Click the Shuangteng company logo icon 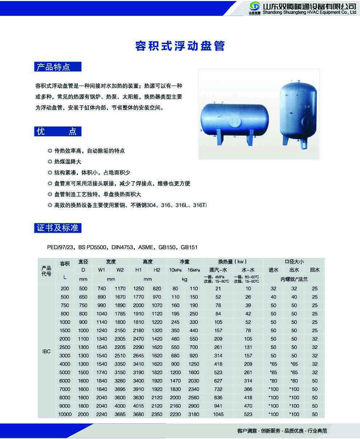tap(255, 7)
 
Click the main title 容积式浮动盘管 tap(180, 46)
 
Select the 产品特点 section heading tap(53, 67)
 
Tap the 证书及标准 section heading tap(58, 228)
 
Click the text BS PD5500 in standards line tap(93, 247)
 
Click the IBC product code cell tap(46, 352)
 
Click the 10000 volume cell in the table tap(65, 414)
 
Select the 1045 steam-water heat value tap(218, 414)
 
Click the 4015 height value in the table tap(138, 406)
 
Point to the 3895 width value tap(120, 389)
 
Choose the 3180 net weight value tap(194, 414)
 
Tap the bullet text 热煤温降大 tap(68, 161)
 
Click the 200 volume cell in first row tap(65, 289)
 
